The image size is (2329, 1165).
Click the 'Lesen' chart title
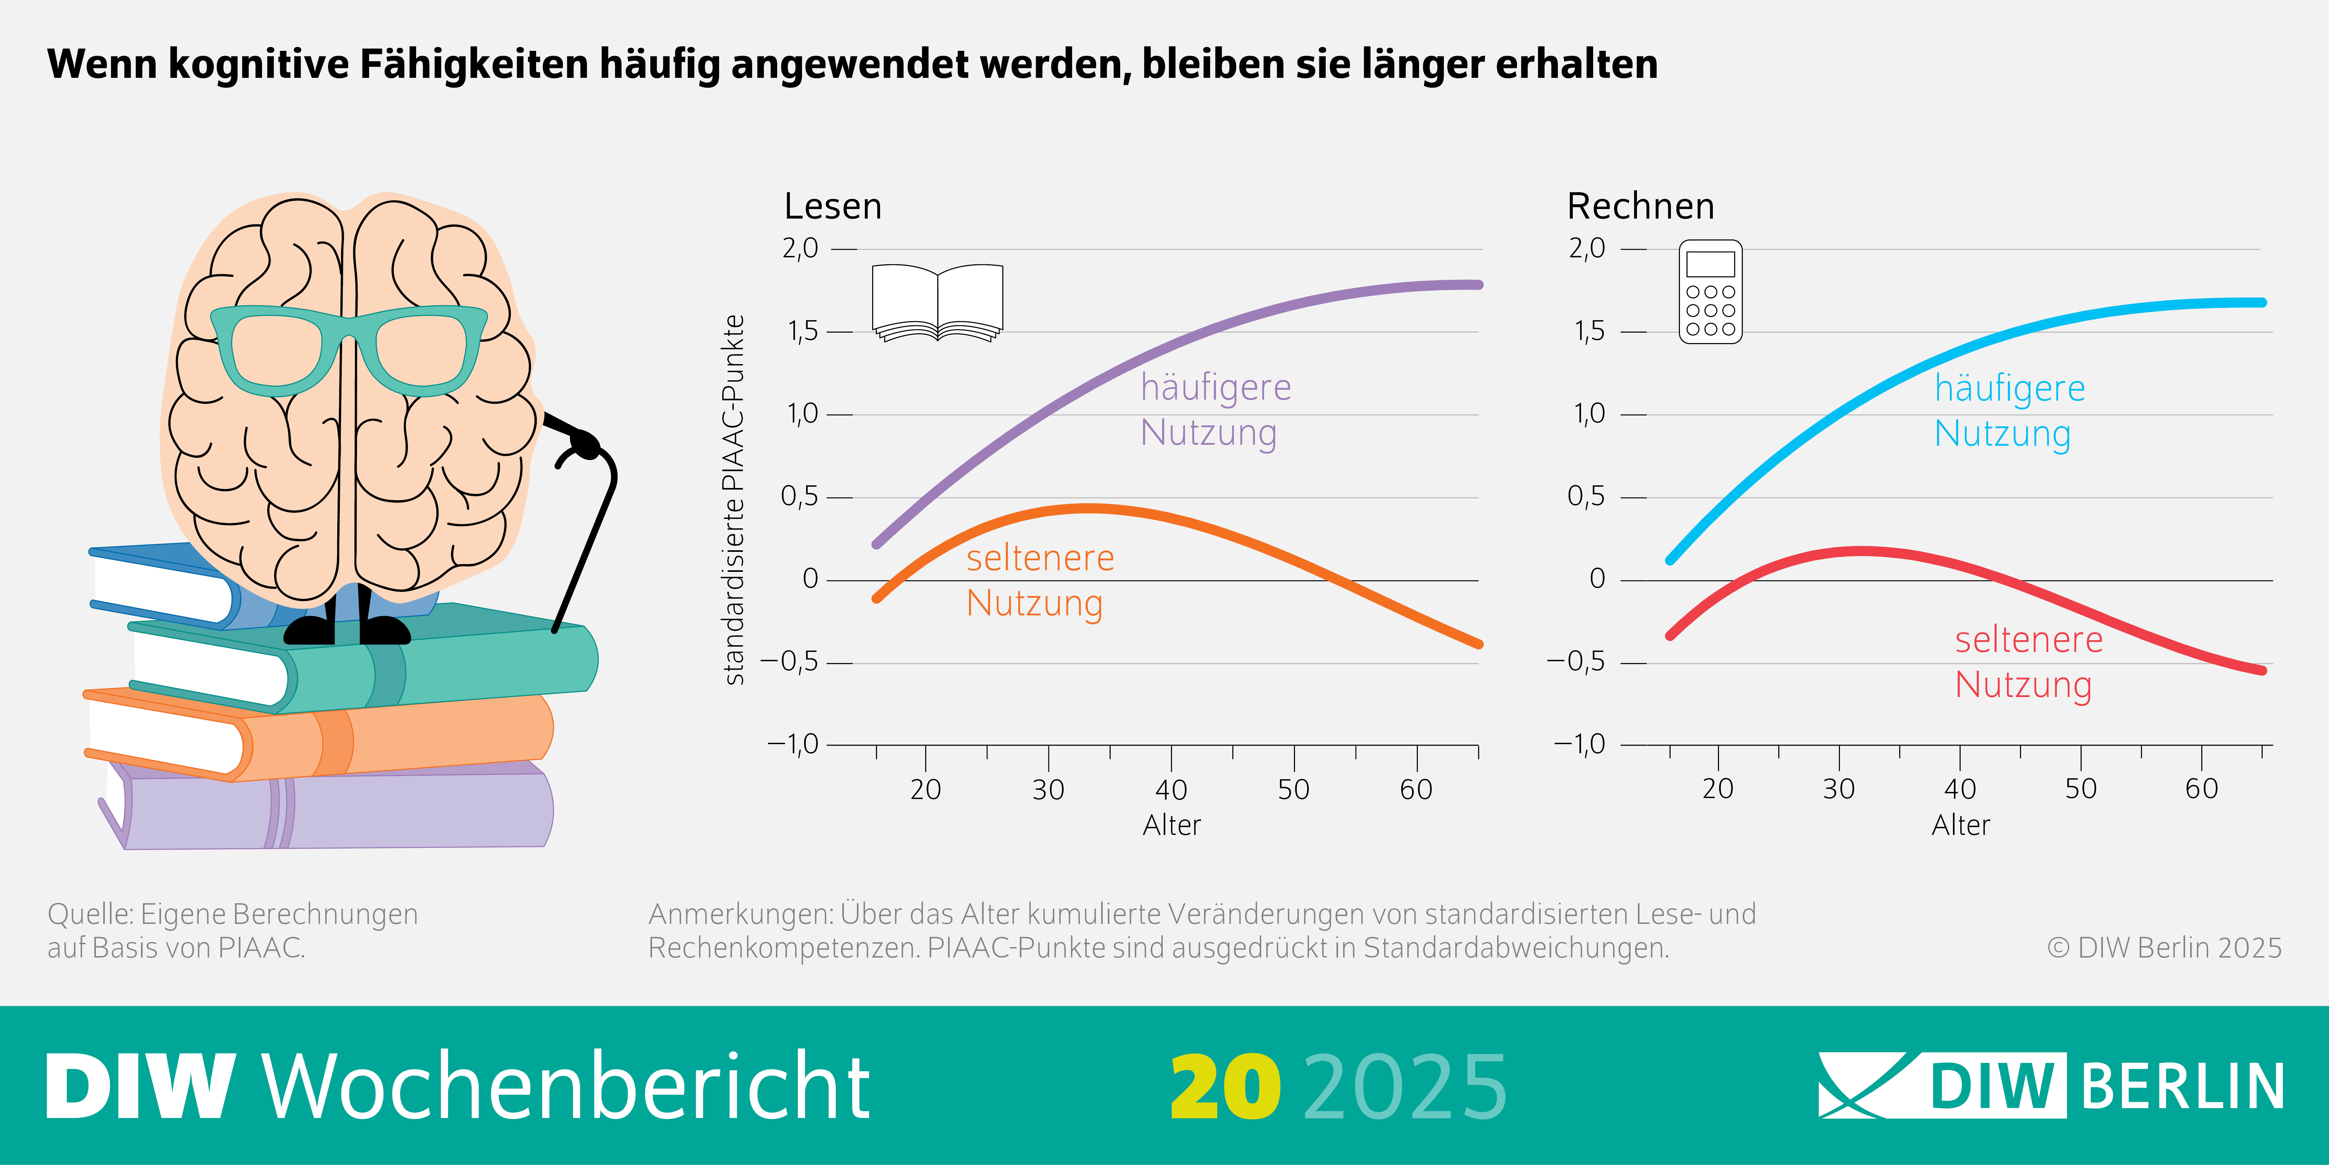833,206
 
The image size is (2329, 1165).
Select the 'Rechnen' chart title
1640,206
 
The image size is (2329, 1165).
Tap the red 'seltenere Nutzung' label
2028,662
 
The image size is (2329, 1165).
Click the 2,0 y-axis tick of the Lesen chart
800,248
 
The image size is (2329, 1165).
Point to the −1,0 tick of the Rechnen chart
1578,744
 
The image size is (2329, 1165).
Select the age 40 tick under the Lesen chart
1171,789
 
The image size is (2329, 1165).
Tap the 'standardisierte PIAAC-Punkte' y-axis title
734,499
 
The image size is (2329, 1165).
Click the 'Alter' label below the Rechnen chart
1960,825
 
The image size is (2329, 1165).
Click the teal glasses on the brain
348,348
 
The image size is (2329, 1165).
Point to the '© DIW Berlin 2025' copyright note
2164,948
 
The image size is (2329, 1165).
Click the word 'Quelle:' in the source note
91,914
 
